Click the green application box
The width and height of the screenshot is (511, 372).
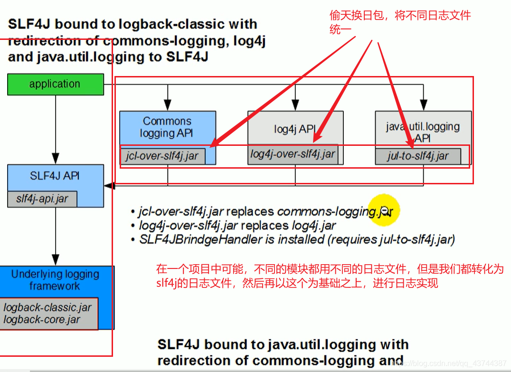(55, 84)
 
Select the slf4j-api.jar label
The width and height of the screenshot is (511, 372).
(42, 199)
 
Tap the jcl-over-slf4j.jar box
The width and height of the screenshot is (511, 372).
(162, 156)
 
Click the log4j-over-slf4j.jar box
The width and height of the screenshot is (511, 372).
(293, 154)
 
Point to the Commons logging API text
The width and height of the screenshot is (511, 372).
(167, 127)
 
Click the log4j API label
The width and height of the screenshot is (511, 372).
(295, 129)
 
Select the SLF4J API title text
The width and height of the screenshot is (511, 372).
(55, 176)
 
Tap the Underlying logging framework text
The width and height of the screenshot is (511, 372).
(55, 280)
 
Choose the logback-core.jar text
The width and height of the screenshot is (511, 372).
(42, 320)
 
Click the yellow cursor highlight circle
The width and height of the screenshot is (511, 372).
(385, 210)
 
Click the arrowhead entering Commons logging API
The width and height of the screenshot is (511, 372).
(167, 105)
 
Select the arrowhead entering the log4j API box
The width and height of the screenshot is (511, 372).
(295, 105)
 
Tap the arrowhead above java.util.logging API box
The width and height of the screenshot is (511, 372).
(423, 105)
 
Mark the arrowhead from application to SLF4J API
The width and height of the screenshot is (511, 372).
(55, 158)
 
